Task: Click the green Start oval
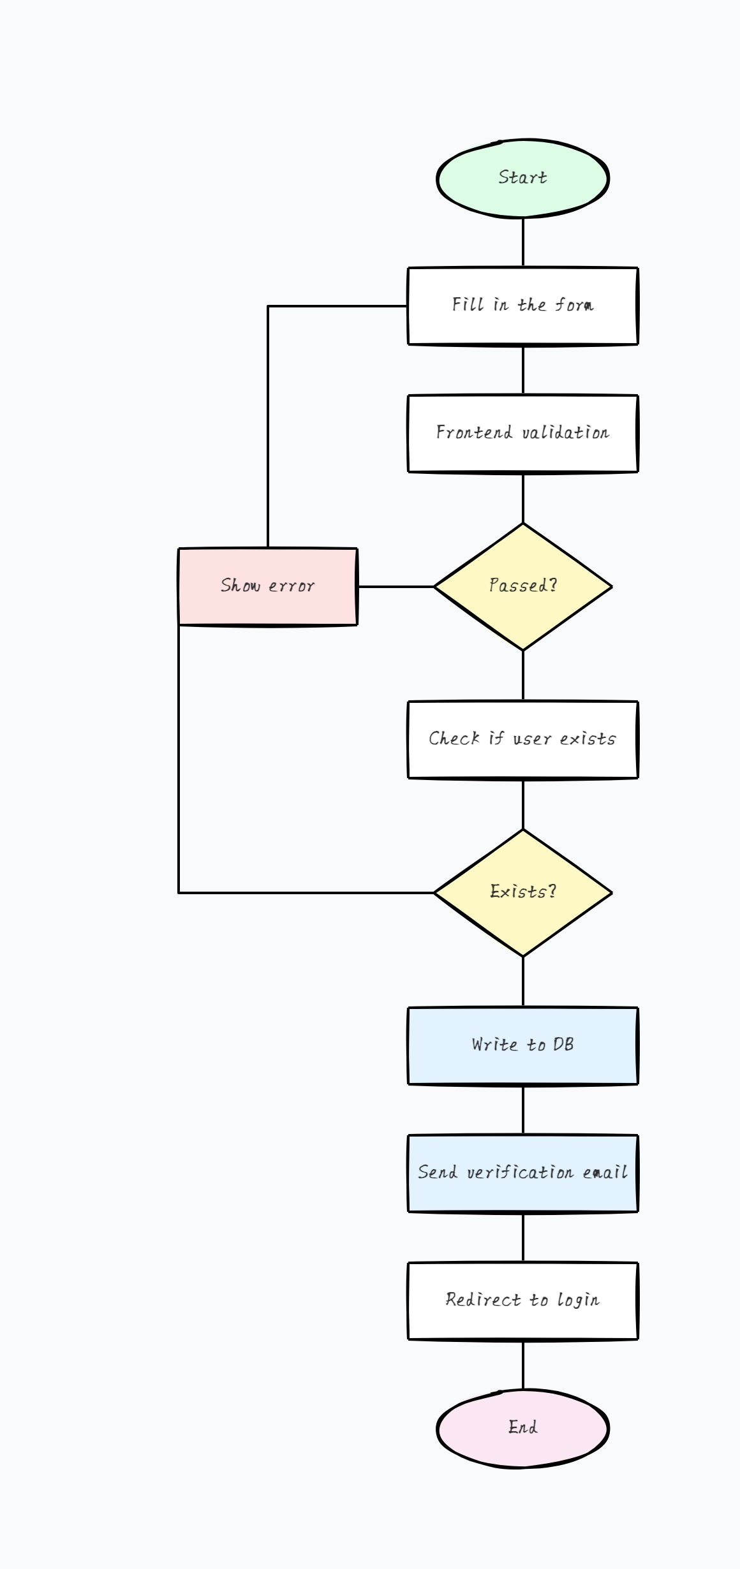[522, 179]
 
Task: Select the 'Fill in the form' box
[522, 306]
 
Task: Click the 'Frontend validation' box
[522, 434]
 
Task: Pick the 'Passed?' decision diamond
[522, 587]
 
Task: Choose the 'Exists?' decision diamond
[522, 893]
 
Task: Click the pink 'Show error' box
[267, 587]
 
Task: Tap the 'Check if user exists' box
[522, 740]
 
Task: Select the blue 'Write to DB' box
[522, 1046]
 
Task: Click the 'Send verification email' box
[522, 1174]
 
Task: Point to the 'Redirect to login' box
[522, 1301]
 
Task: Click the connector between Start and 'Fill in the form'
[523, 242]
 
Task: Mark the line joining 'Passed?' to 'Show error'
[396, 586]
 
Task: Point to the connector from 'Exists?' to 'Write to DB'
[523, 982]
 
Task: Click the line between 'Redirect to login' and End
[523, 1365]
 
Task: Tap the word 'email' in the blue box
[605, 1172]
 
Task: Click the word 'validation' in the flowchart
[565, 432]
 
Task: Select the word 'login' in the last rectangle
[578, 1300]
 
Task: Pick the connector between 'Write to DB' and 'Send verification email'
[523, 1110]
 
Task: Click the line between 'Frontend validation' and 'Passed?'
[523, 497]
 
